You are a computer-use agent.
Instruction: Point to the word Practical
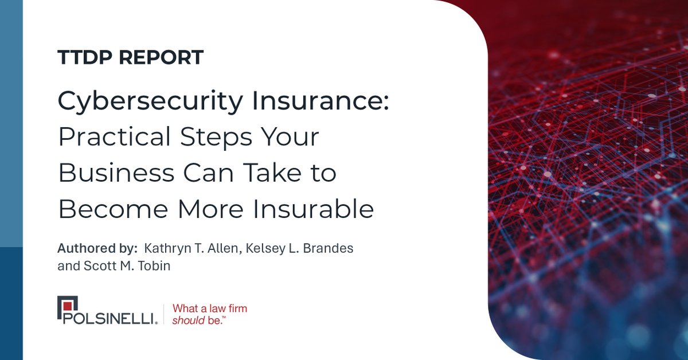point(115,138)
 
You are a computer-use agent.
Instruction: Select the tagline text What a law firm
point(210,308)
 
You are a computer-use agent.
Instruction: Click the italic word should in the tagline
point(188,321)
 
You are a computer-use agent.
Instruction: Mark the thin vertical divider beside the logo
point(164,314)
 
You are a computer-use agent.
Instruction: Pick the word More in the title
point(210,209)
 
